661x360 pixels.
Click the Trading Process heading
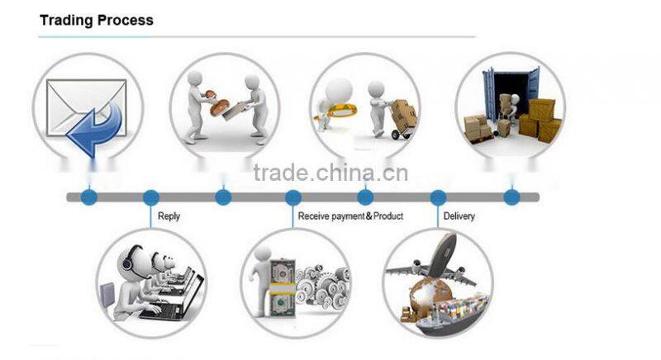point(96,20)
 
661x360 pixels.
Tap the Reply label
point(169,216)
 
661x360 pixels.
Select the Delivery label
point(459,216)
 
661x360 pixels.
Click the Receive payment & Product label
point(350,216)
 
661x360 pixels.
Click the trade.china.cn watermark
point(330,173)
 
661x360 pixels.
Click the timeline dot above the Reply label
point(150,197)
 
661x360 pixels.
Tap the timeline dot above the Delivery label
point(438,197)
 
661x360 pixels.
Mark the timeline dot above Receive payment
point(293,197)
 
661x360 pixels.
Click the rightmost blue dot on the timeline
point(511,197)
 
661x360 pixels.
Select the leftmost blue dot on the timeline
point(88,197)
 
